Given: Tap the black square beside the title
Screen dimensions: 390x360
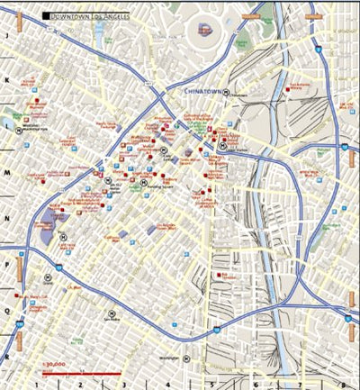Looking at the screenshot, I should click(x=46, y=16).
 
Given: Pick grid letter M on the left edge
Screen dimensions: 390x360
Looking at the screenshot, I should click(x=7, y=173).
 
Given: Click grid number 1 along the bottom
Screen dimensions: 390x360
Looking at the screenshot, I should click(x=60, y=385).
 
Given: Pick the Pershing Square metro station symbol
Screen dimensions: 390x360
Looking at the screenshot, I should click(x=142, y=183).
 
